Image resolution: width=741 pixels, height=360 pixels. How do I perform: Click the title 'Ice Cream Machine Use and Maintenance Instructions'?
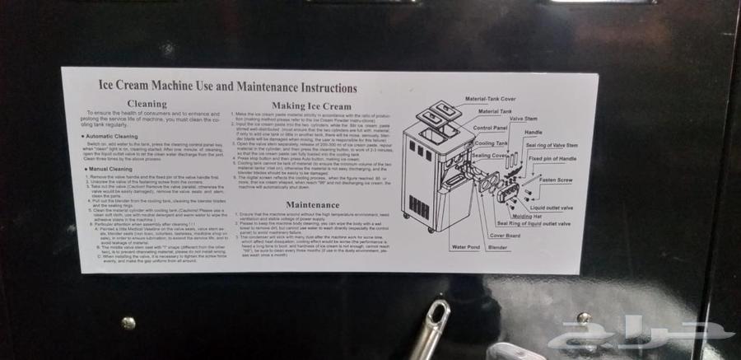click(217, 86)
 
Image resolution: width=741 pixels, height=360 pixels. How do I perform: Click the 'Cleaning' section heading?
click(147, 105)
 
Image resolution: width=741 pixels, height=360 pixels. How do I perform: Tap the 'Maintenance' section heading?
click(312, 204)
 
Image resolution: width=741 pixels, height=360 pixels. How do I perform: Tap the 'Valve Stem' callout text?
click(524, 119)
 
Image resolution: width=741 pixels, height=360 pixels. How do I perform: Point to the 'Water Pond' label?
click(466, 246)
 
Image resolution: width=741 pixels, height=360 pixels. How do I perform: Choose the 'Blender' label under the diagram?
click(497, 246)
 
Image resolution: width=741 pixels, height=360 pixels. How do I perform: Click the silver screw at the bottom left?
click(128, 323)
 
